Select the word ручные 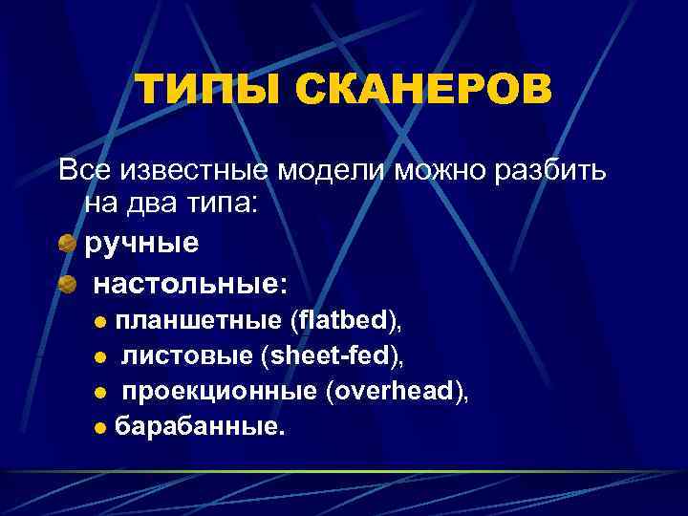point(142,244)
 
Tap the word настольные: point(190,284)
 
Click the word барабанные point(199,428)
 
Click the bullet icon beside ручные point(66,244)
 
